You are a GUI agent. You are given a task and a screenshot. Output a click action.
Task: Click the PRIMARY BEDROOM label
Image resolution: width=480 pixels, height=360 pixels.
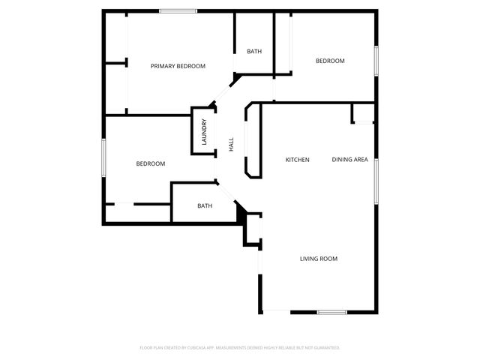(178, 66)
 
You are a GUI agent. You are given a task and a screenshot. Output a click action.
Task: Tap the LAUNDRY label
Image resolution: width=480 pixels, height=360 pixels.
(203, 132)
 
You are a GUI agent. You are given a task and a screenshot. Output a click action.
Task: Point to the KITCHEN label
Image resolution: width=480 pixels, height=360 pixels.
(298, 160)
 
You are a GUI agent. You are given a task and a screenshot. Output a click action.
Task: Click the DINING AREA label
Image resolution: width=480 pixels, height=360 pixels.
(349, 160)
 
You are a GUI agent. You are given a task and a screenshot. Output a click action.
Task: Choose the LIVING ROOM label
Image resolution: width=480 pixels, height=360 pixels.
(319, 259)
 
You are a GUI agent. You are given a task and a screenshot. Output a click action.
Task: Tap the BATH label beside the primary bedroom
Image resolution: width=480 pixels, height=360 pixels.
(254, 51)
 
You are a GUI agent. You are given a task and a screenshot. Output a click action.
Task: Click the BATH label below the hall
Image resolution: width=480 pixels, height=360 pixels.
(205, 205)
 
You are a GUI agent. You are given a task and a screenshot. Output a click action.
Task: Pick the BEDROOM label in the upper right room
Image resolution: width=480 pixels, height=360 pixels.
(330, 61)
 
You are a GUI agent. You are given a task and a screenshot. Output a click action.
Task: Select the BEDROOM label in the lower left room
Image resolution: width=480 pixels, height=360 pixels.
(150, 163)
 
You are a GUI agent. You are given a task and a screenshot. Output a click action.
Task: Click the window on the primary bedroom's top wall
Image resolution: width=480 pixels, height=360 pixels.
(178, 11)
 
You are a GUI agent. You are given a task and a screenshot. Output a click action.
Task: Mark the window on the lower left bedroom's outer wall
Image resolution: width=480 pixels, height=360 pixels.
(103, 158)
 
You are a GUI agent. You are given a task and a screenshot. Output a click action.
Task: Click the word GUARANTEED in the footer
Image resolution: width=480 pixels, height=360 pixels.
(324, 348)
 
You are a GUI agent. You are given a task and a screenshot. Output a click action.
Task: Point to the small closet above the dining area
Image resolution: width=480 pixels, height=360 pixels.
(363, 113)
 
